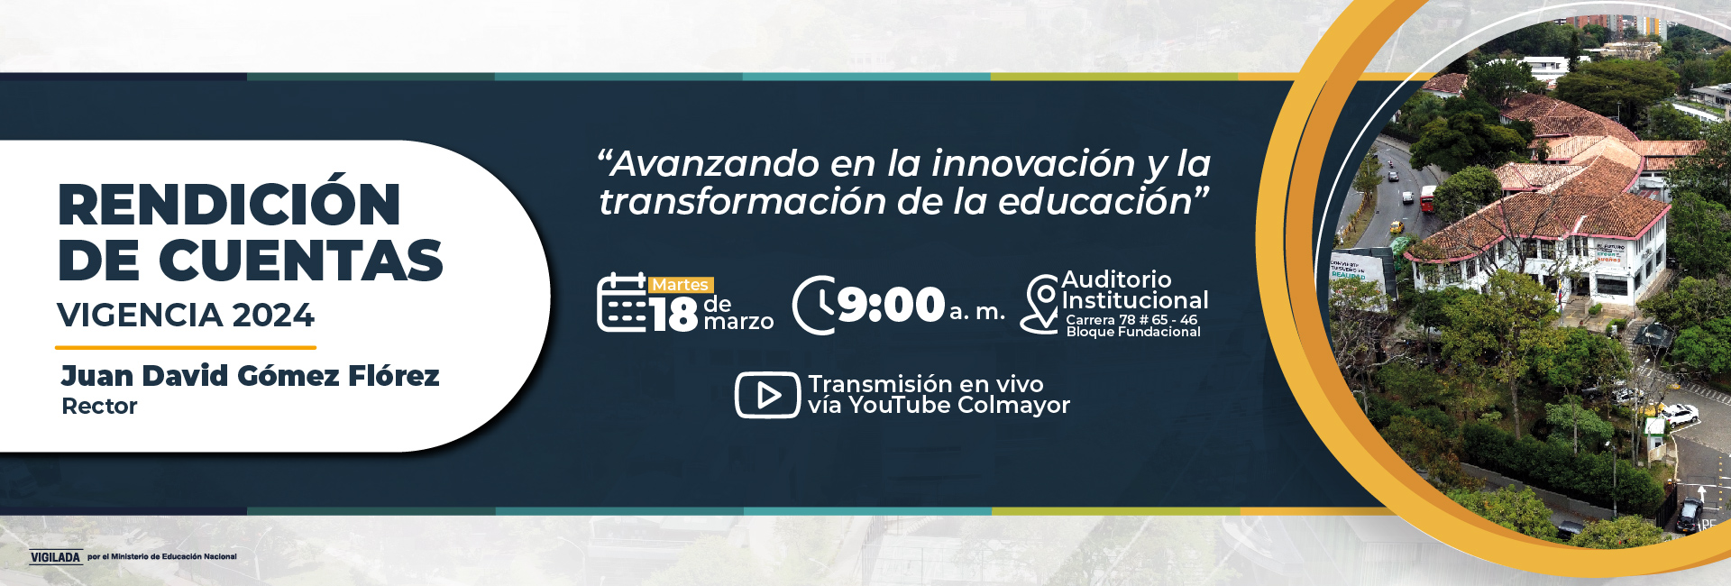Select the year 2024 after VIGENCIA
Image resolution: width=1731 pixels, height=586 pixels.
click(273, 316)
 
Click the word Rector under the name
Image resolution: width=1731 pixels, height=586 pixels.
click(99, 407)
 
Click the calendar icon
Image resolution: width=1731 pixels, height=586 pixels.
click(622, 303)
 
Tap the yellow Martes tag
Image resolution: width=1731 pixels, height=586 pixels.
click(681, 285)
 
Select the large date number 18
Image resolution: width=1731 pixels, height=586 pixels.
click(673, 315)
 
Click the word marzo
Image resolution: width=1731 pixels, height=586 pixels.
click(738, 322)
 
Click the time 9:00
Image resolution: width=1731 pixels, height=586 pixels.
click(891, 305)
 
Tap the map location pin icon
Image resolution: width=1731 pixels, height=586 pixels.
click(1040, 304)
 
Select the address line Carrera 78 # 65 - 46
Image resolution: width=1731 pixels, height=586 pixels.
click(1131, 320)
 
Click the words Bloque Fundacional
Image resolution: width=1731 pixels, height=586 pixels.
click(1133, 332)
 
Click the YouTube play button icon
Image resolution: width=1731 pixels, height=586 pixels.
click(767, 395)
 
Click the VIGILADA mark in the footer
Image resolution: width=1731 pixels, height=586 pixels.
click(56, 557)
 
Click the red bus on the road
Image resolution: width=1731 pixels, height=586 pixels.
click(1428, 198)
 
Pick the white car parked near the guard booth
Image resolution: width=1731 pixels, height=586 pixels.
click(1680, 415)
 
